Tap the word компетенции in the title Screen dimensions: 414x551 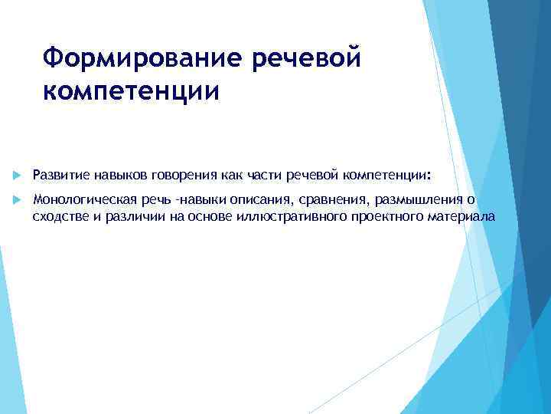[x=131, y=90]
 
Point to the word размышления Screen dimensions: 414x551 [x=413, y=200]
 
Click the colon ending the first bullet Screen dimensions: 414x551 [x=429, y=176]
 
